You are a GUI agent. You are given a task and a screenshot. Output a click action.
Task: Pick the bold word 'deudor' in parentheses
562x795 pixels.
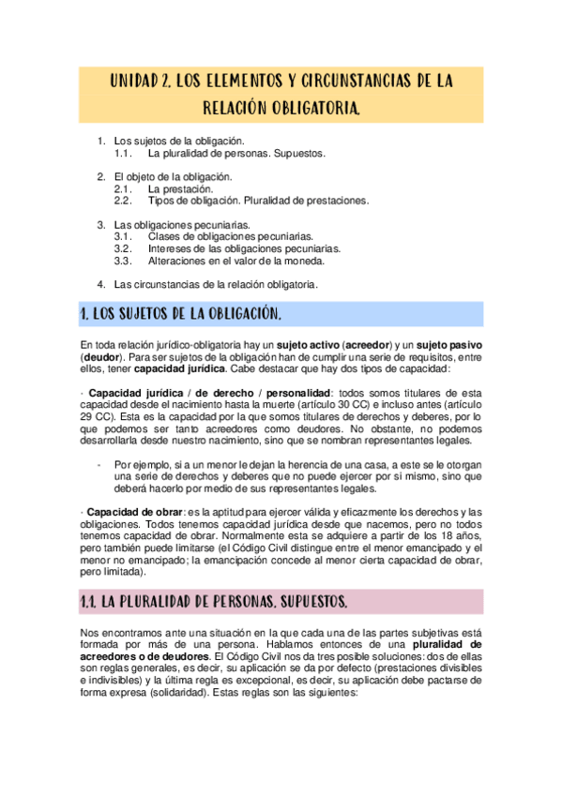[101, 357]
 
